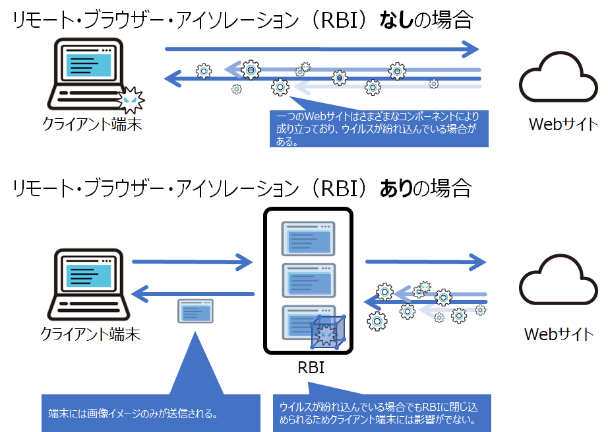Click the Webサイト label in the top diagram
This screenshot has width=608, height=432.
click(562, 124)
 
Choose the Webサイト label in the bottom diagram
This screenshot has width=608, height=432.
click(559, 334)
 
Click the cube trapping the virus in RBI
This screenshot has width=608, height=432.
click(328, 333)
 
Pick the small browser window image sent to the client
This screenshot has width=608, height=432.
click(195, 310)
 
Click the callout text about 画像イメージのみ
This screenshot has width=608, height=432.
click(133, 414)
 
